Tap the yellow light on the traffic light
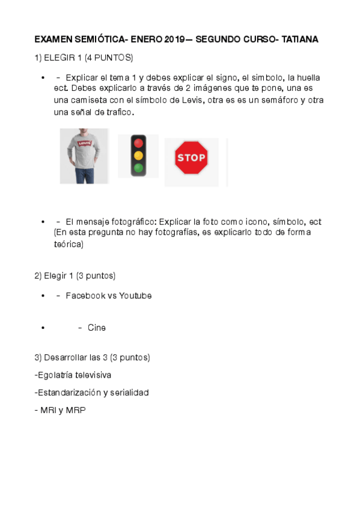(x=139, y=156)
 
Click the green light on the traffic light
(x=139, y=168)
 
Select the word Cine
(x=96, y=328)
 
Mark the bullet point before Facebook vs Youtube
(x=43, y=295)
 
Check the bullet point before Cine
(x=43, y=328)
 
